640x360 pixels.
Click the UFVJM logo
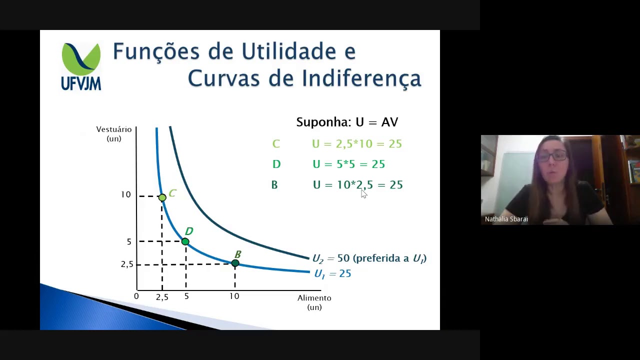(x=81, y=66)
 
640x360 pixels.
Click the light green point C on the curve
(x=162, y=198)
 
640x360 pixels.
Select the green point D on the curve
(x=185, y=241)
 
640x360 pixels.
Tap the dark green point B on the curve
(x=235, y=263)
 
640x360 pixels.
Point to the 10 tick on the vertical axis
(x=125, y=194)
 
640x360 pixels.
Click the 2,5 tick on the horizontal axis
(x=162, y=297)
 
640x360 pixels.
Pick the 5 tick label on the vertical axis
(x=129, y=242)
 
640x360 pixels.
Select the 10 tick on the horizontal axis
(x=234, y=296)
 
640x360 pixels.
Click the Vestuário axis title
(x=114, y=133)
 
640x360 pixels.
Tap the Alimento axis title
(x=314, y=302)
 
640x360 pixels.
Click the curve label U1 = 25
(x=332, y=273)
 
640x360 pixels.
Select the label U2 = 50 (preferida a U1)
(x=369, y=258)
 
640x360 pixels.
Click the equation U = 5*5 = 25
(x=348, y=164)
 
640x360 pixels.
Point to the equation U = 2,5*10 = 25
(x=356, y=144)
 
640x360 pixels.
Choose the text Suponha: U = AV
(x=347, y=122)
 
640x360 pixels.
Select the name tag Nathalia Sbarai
(x=506, y=219)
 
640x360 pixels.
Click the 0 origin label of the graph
(x=136, y=296)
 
